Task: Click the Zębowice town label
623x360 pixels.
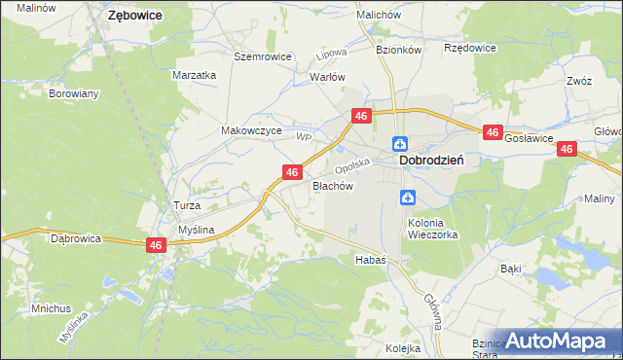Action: click(x=135, y=16)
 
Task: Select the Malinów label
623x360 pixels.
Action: click(x=35, y=7)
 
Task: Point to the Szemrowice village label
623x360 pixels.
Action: click(x=263, y=56)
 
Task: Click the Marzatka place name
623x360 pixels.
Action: click(x=193, y=74)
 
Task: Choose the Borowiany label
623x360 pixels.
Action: click(x=74, y=94)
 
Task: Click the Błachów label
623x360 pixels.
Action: click(x=331, y=185)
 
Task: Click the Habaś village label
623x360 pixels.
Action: click(x=371, y=260)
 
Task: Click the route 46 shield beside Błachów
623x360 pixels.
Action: click(x=291, y=171)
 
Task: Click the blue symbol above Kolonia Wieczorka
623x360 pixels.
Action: click(x=409, y=198)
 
